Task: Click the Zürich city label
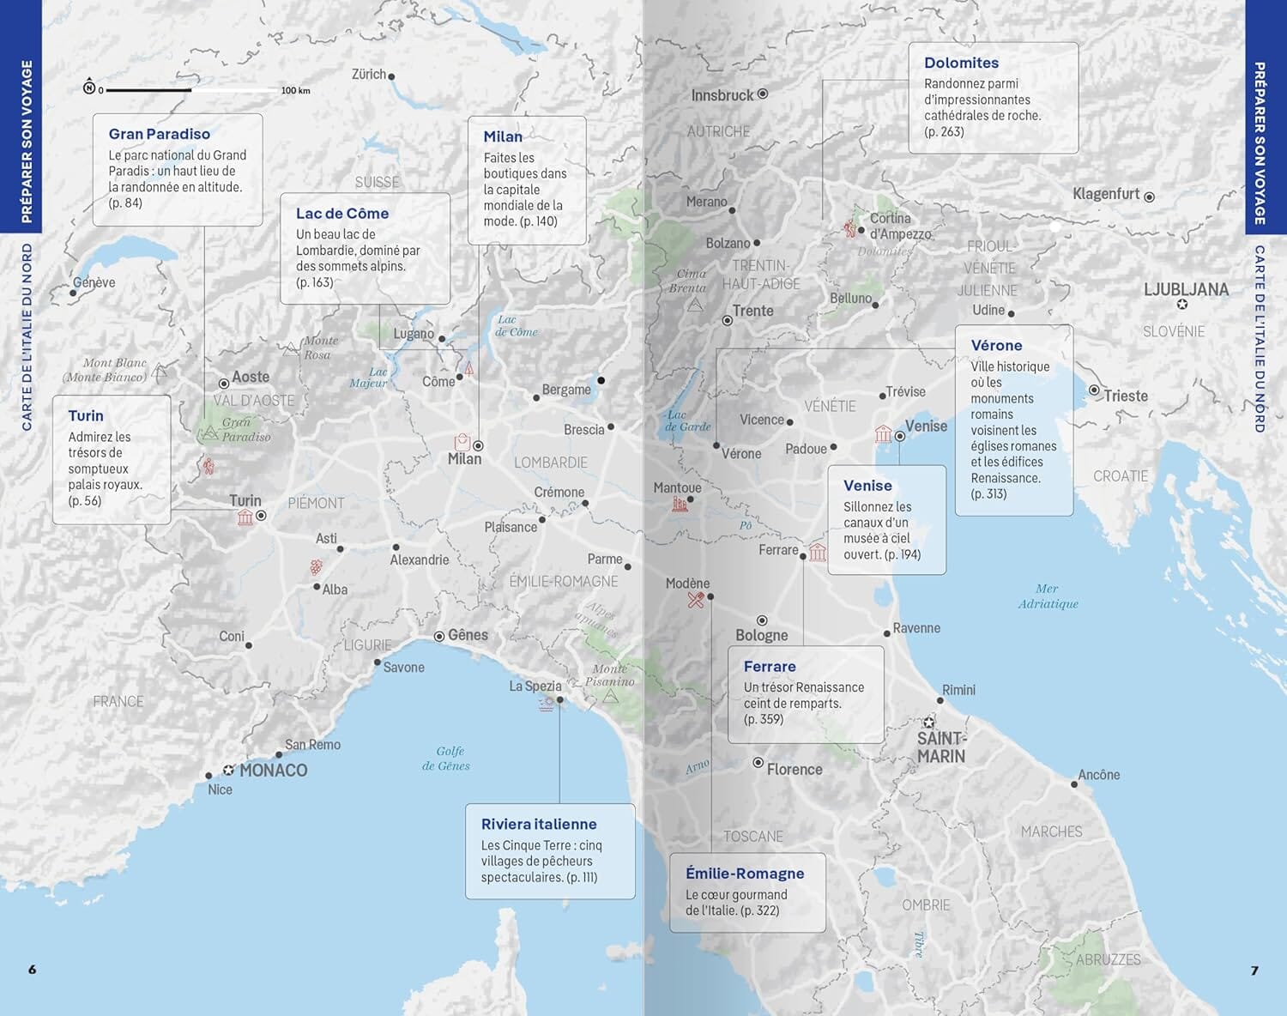pos(369,75)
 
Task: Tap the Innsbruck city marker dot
pos(763,94)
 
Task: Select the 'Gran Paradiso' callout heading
pos(159,134)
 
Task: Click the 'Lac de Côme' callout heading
pos(341,214)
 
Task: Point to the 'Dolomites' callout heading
pos(961,63)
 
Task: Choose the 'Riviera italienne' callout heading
pos(538,824)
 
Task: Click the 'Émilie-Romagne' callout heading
pos(744,874)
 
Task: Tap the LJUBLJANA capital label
pos(1186,290)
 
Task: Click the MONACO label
pos(273,771)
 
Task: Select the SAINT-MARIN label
pos(940,747)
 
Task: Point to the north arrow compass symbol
pos(89,88)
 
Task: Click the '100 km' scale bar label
pos(295,91)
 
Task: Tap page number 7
pos(1254,971)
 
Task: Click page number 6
pos(33,970)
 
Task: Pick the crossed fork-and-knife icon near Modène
pos(696,600)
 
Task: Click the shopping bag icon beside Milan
pos(462,442)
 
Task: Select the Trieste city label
pos(1125,396)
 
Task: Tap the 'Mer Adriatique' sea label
pos(1048,596)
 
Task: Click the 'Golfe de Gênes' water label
pos(446,759)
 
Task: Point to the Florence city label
pos(794,770)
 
